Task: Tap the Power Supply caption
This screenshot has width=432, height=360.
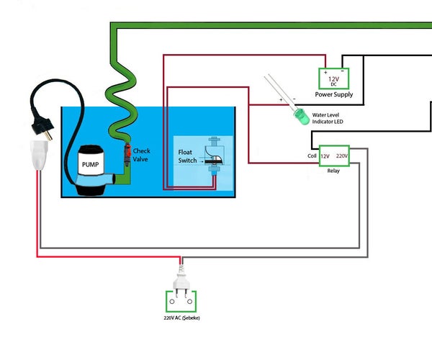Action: (x=333, y=94)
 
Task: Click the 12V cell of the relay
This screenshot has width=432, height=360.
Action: (x=325, y=156)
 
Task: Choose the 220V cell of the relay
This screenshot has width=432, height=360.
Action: (x=341, y=156)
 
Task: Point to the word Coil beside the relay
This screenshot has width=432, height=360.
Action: (x=312, y=156)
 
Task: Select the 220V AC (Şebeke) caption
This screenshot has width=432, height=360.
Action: (x=182, y=316)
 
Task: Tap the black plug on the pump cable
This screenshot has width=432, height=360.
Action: (x=44, y=130)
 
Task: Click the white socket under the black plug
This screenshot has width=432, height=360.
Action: (x=40, y=154)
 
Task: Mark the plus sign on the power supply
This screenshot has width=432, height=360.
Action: (x=325, y=72)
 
